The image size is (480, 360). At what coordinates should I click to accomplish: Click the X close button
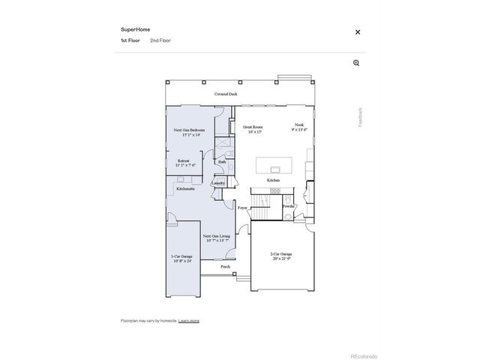[358, 32]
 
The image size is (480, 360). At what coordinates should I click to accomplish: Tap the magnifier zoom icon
[356, 63]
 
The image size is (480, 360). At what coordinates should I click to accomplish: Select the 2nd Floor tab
[160, 40]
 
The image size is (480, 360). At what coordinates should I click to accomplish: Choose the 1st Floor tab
[130, 40]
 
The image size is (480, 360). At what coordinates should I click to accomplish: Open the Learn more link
[189, 320]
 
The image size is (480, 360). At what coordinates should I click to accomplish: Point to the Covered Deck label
[226, 94]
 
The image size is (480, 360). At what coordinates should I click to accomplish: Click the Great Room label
[252, 128]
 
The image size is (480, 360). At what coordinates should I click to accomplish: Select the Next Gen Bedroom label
[189, 132]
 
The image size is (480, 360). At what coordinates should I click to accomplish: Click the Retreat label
[184, 162]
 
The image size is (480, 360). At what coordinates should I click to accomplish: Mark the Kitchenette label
[186, 189]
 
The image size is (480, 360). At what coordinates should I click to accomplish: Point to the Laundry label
[219, 182]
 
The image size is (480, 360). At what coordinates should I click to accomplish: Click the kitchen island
[274, 164]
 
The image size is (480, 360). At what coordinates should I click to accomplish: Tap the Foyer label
[242, 208]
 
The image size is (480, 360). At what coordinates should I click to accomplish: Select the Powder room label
[289, 206]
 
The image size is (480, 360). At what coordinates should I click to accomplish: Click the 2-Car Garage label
[281, 256]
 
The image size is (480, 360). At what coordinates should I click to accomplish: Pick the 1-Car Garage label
[181, 259]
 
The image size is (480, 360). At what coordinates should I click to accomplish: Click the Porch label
[225, 267]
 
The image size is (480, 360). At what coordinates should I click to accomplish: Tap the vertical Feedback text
[360, 116]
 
